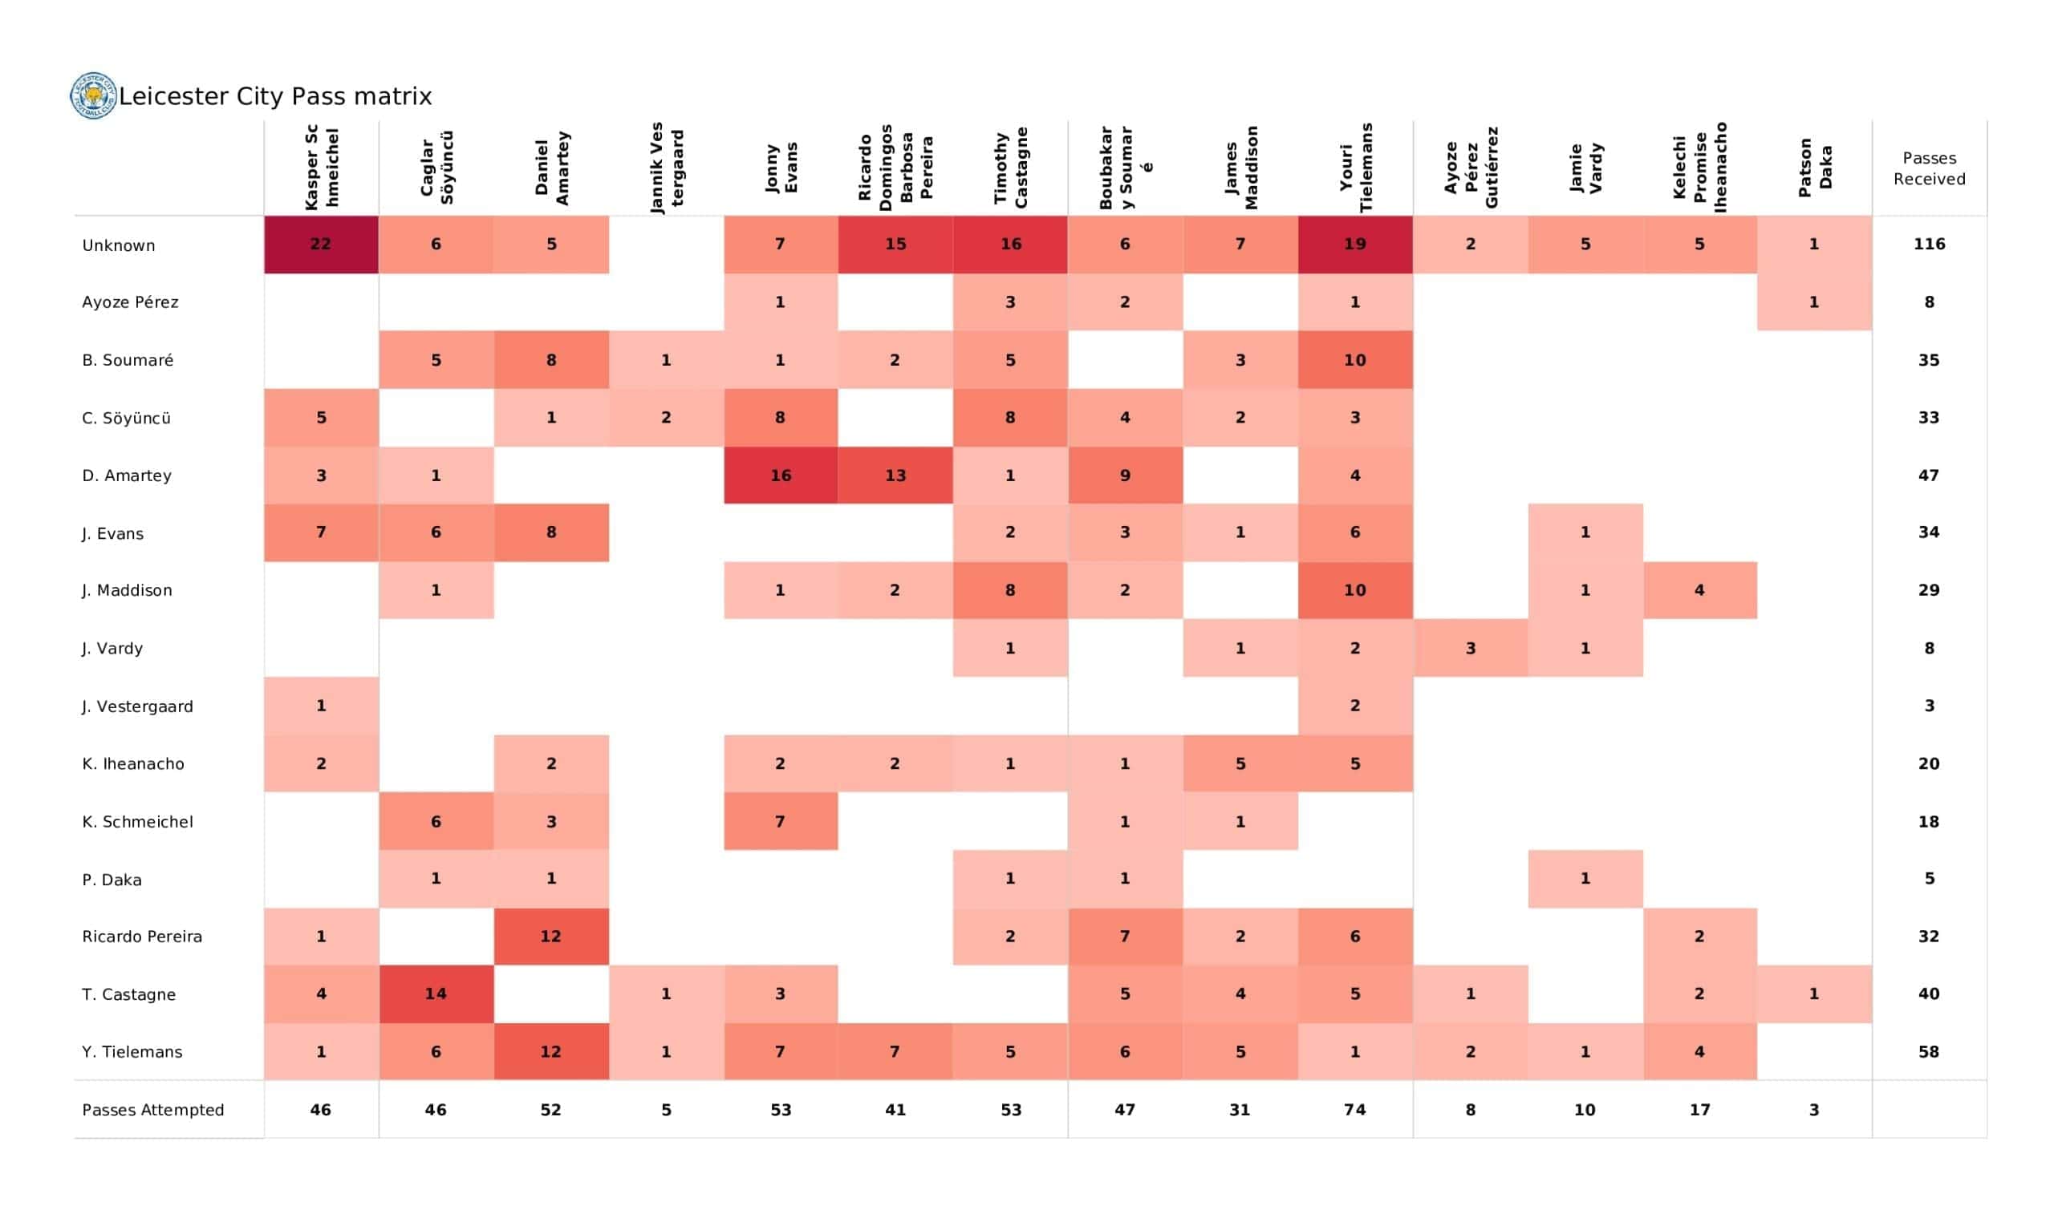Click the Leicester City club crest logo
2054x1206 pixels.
pyautogui.click(x=94, y=95)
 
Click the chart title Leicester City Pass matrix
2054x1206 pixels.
pyautogui.click(x=275, y=96)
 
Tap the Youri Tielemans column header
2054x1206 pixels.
pyautogui.click(x=1355, y=168)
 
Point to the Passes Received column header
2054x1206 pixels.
pyautogui.click(x=1929, y=168)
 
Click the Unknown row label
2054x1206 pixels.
pyautogui.click(x=118, y=245)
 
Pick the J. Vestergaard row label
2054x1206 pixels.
pyautogui.click(x=137, y=706)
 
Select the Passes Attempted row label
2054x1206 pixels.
pyautogui.click(x=152, y=1110)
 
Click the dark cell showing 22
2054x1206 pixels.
pyautogui.click(x=321, y=245)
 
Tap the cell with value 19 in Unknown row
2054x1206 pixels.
pyautogui.click(x=1354, y=245)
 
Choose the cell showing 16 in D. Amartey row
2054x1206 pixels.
pyautogui.click(x=780, y=475)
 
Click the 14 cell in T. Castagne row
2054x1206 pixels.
pyautogui.click(x=435, y=994)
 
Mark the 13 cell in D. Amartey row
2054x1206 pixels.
pyautogui.click(x=895, y=475)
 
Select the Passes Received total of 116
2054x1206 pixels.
pyautogui.click(x=1929, y=245)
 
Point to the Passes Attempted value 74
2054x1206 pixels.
pyautogui.click(x=1354, y=1110)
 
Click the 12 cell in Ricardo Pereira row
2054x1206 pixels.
pyautogui.click(x=550, y=937)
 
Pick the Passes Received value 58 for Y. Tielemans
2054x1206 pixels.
pyautogui.click(x=1929, y=1052)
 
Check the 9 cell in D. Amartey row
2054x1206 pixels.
pyautogui.click(x=1125, y=475)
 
